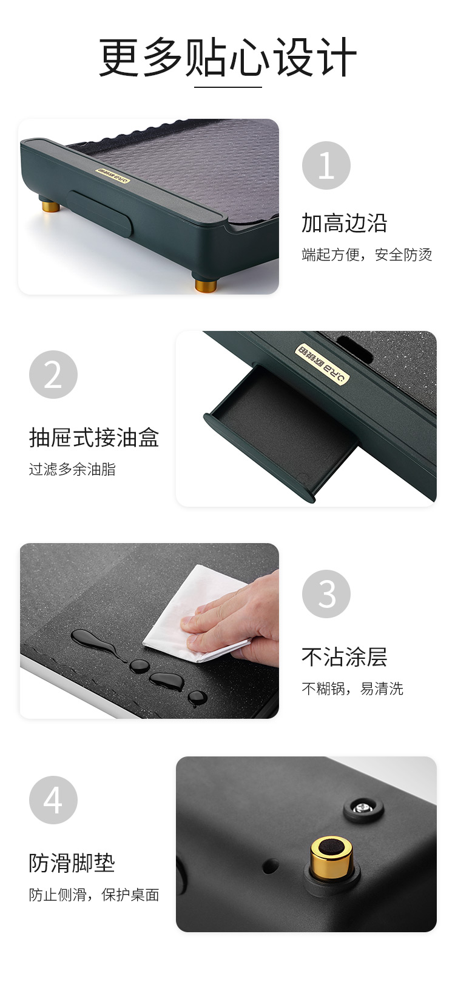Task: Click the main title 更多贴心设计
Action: pos(227,57)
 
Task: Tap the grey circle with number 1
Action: pos(326,165)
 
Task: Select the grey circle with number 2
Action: pos(53,375)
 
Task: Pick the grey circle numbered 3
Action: pos(326,594)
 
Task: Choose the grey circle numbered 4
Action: pos(53,800)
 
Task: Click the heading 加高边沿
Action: pos(345,223)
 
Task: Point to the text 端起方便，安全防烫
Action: pos(367,255)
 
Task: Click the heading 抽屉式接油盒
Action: pos(94,438)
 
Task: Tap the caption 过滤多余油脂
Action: pos(72,469)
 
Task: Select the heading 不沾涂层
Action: pos(345,657)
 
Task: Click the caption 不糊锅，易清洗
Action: pos(352,689)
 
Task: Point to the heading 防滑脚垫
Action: pos(72,863)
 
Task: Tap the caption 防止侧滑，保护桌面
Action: pos(94,895)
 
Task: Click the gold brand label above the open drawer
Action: pos(322,363)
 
